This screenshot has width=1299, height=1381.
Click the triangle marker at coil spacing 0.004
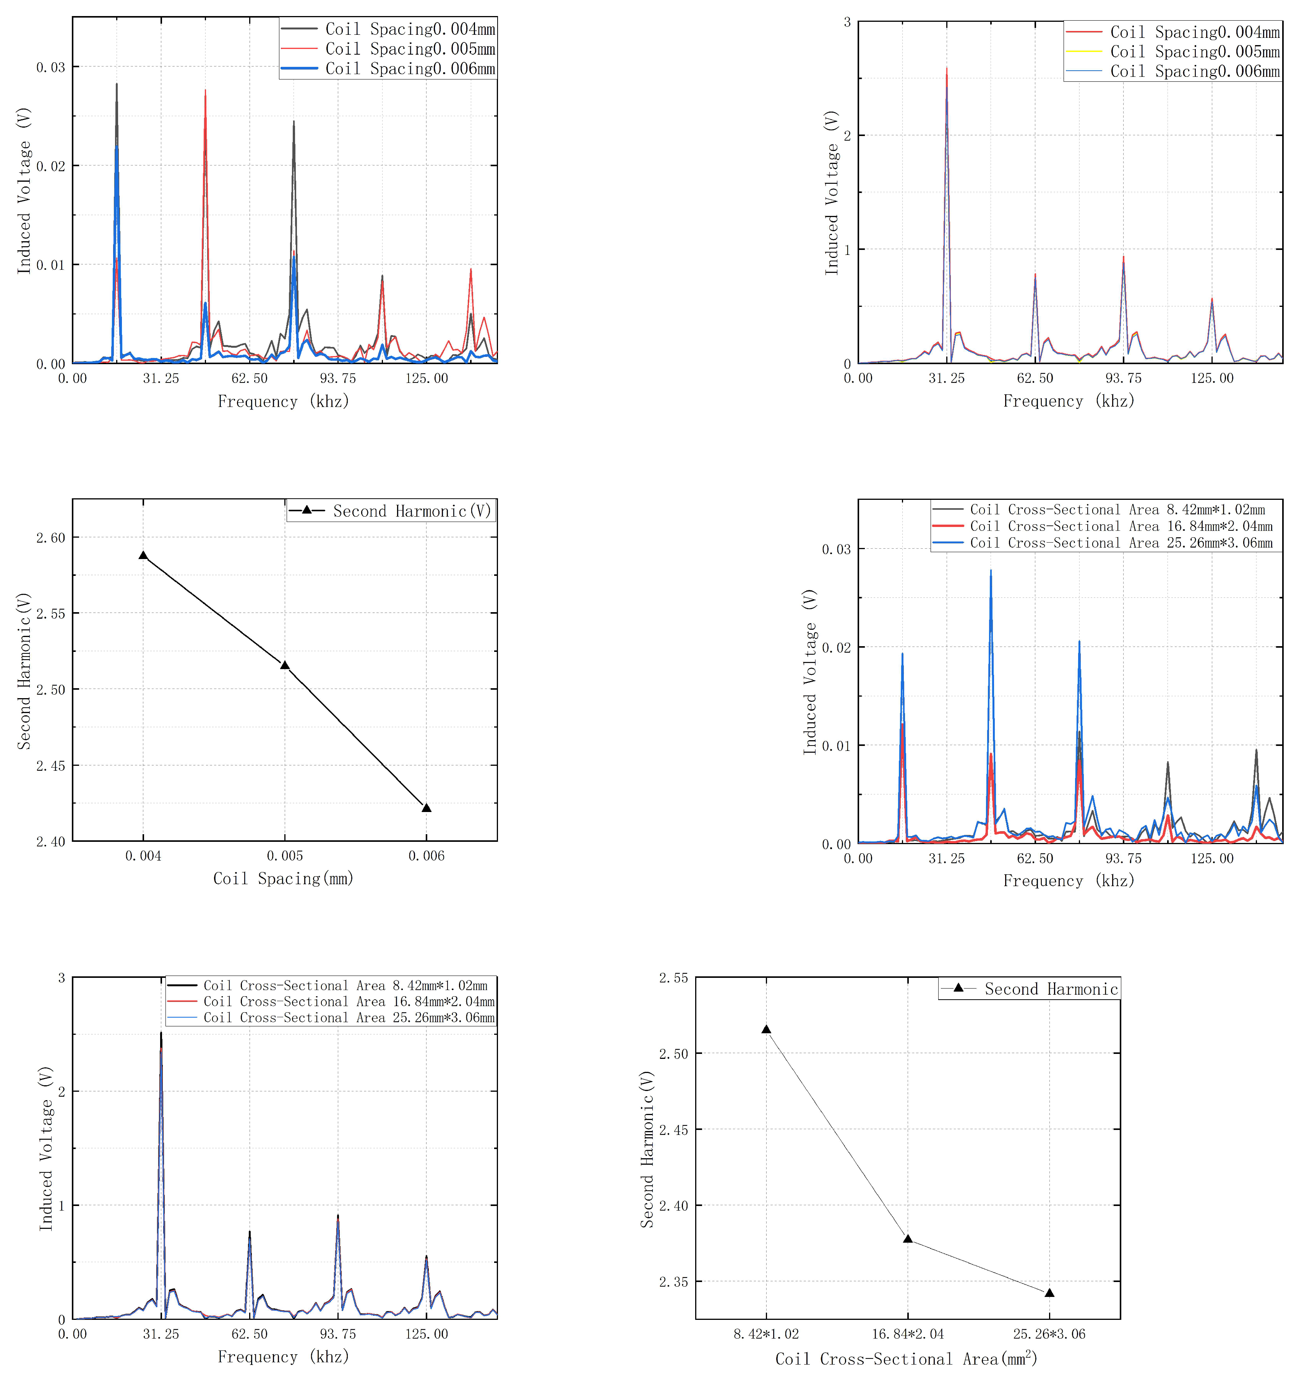tap(143, 556)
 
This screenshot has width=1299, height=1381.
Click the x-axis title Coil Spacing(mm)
tap(284, 879)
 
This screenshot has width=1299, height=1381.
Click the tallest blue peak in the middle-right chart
tap(991, 571)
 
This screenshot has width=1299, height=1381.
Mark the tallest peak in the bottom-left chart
tap(161, 1033)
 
